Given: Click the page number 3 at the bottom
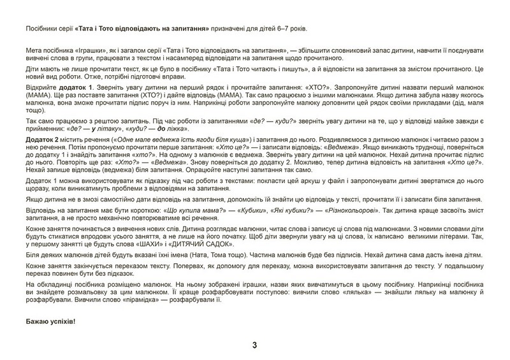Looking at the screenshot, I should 254,346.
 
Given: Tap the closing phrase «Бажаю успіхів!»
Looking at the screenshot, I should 53,320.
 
